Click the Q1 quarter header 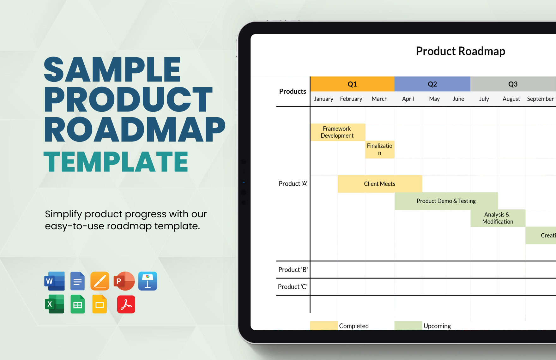352,84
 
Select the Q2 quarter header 432,84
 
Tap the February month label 351,99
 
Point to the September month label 540,99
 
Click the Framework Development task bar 337,132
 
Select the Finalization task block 380,149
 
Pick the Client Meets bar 380,184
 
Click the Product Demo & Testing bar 446,201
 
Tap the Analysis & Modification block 498,218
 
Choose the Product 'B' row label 293,270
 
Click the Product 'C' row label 293,287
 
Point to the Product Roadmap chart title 460,51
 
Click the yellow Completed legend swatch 323,326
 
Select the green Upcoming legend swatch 408,326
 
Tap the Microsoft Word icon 55,281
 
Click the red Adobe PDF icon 126,304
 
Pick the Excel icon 55,304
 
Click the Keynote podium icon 148,281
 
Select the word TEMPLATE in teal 116,162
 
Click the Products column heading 293,92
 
